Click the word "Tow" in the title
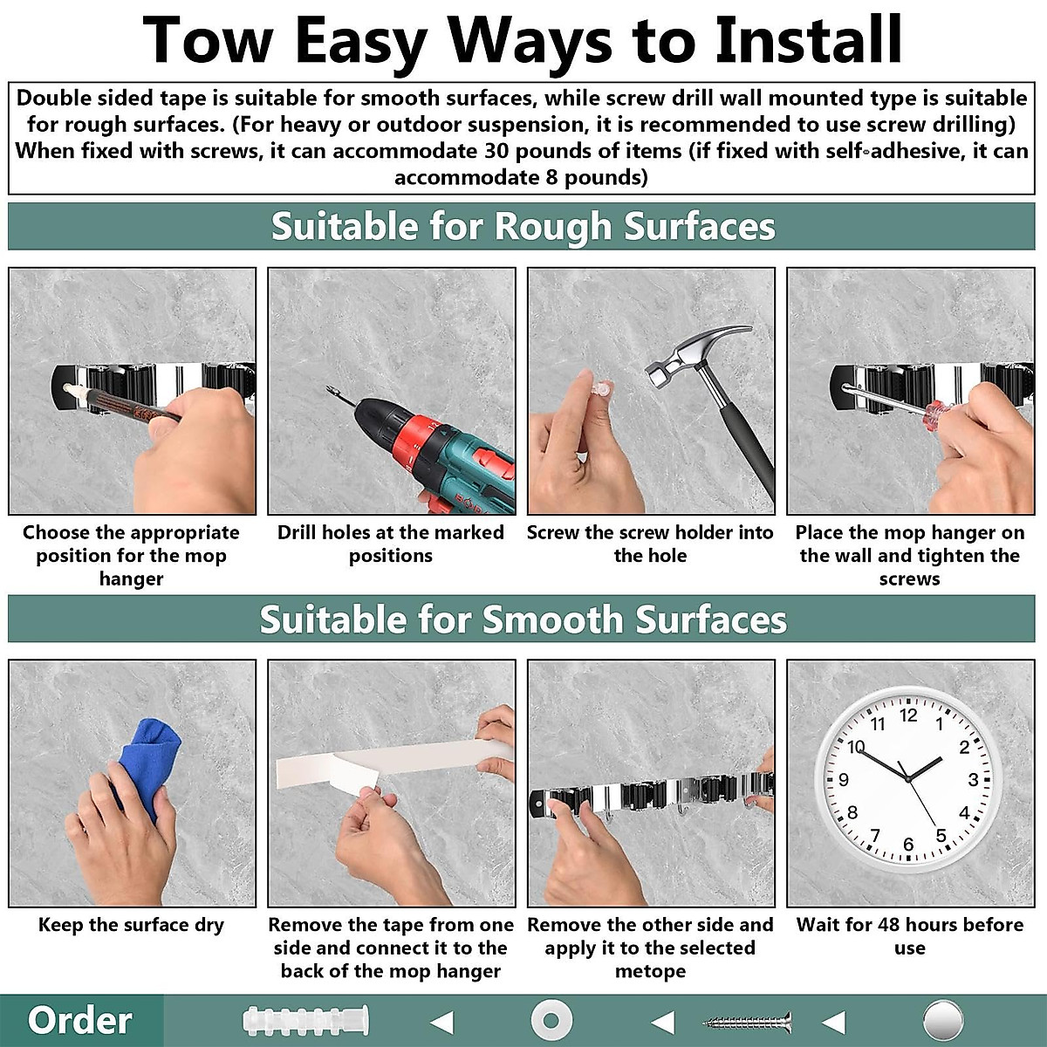[209, 39]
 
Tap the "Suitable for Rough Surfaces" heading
[523, 227]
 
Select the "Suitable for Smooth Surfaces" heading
[523, 619]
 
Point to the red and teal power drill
[436, 445]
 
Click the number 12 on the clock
[908, 715]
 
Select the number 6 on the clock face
[908, 844]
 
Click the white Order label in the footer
[79, 1020]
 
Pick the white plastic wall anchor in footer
[305, 1020]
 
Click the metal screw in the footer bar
[748, 1020]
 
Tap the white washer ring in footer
[551, 1020]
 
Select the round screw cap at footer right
[942, 1020]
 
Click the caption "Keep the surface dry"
[131, 925]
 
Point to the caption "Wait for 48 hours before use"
[909, 936]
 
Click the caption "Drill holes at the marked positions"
[390, 544]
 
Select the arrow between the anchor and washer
[442, 1021]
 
